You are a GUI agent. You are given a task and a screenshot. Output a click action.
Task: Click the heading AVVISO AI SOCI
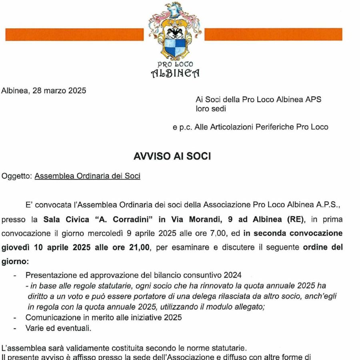tap(172, 156)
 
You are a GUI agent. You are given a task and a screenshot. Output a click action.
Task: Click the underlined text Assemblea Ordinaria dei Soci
tap(87, 176)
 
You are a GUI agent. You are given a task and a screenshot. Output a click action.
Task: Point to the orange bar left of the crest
tap(74, 34)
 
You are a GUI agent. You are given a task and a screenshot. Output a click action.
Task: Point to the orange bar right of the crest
tap(273, 34)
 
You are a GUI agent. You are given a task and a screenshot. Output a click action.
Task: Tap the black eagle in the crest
tap(174, 32)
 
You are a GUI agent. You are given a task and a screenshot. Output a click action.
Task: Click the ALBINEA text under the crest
tap(175, 73)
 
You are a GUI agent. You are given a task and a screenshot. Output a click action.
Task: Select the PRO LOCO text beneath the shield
tap(175, 64)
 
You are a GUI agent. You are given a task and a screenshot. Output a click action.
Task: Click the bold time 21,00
tap(137, 247)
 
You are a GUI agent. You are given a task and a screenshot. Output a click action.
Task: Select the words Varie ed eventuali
tap(58, 328)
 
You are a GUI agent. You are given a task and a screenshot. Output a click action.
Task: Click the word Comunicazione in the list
tap(50, 318)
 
